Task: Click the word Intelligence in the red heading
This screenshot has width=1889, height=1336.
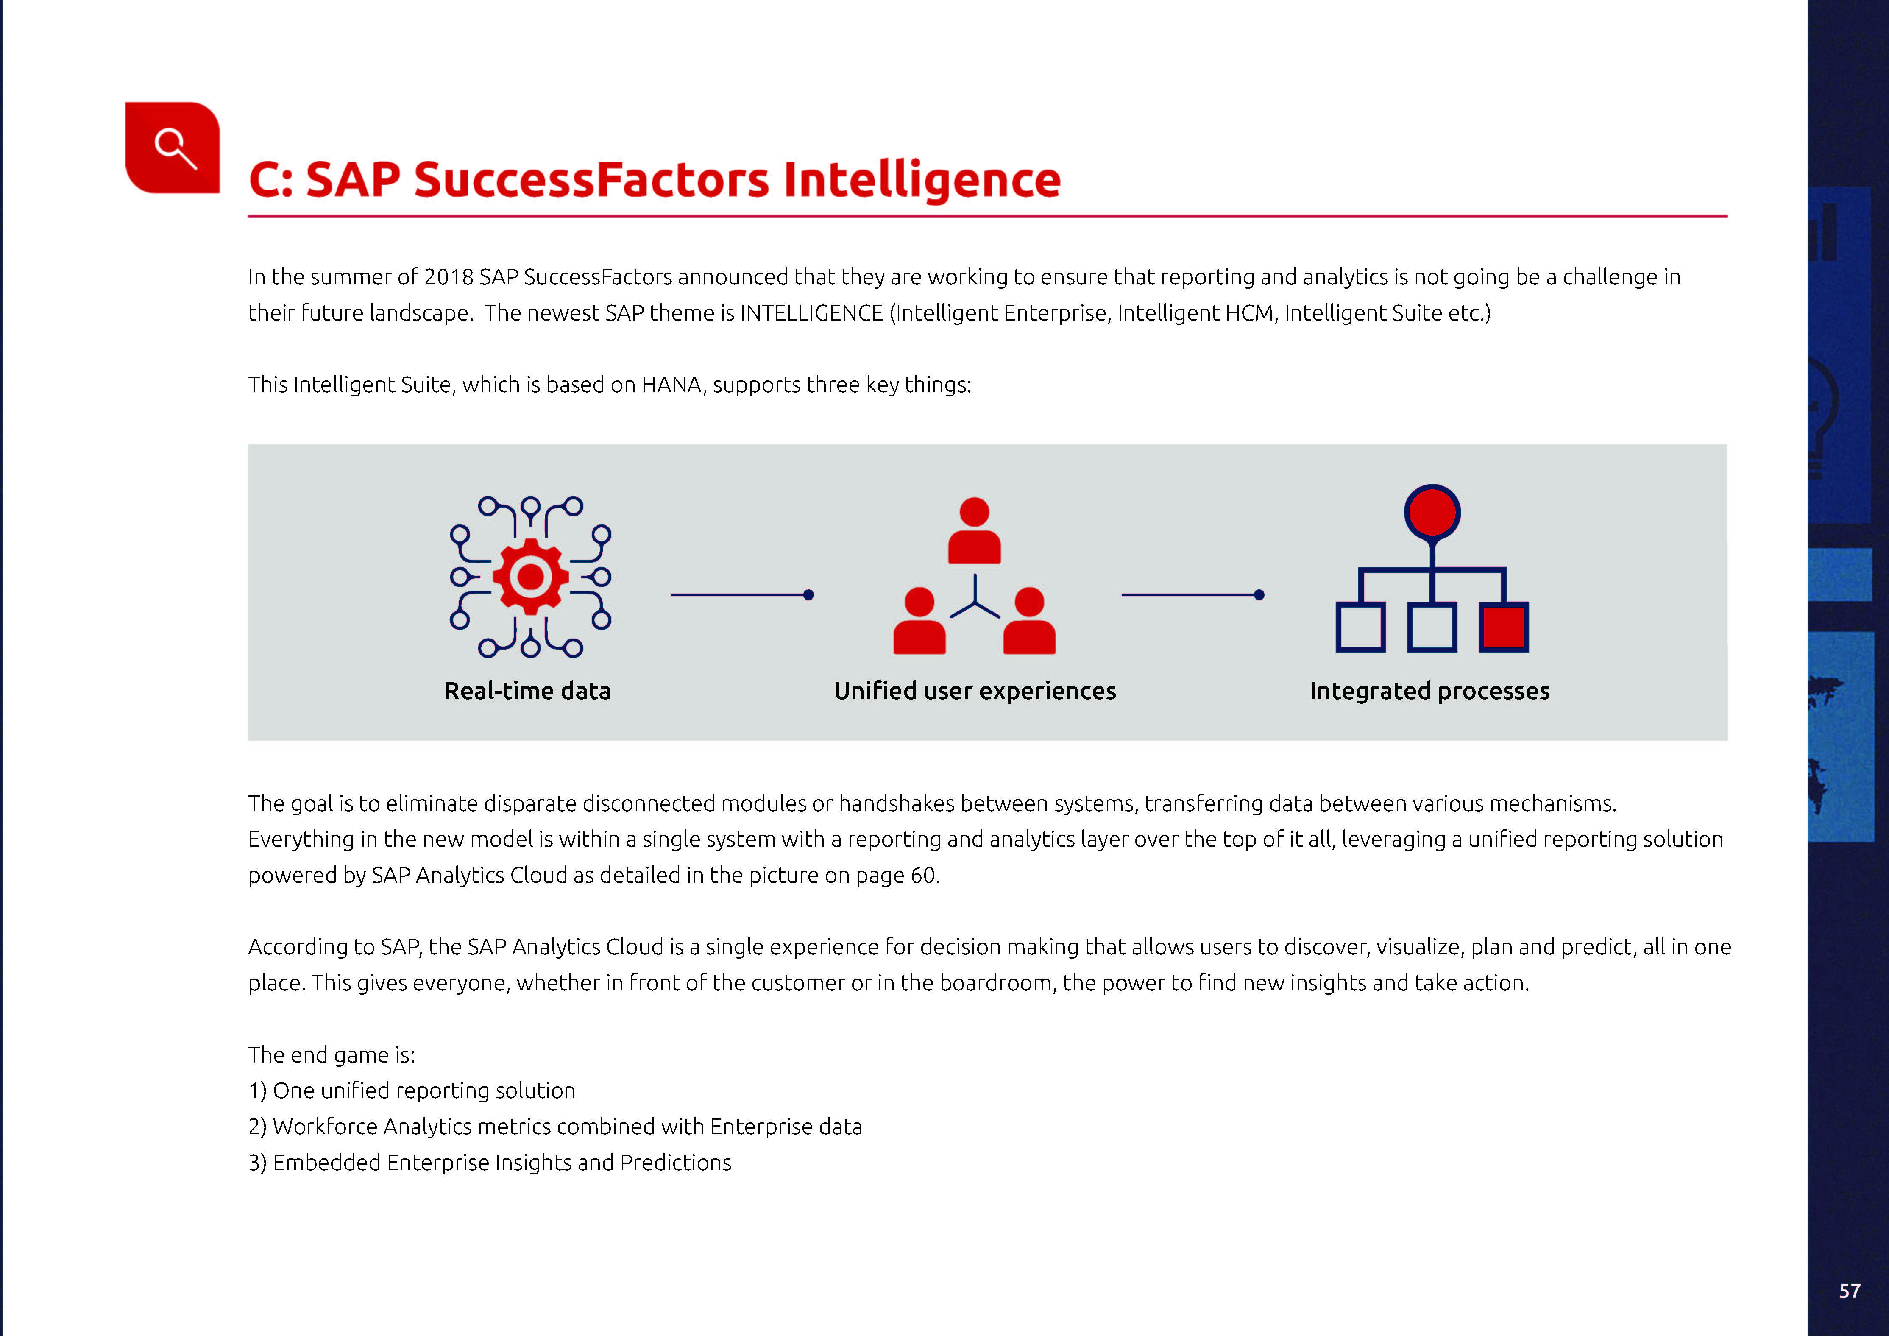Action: pyautogui.click(x=922, y=180)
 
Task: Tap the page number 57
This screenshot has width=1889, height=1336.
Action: pyautogui.click(x=1850, y=1291)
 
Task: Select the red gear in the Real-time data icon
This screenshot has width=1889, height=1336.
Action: pyautogui.click(x=531, y=577)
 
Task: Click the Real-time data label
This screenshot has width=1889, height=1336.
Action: pyautogui.click(x=527, y=691)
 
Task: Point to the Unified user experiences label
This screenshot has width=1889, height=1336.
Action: pyautogui.click(x=975, y=691)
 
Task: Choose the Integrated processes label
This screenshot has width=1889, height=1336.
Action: pyautogui.click(x=1430, y=691)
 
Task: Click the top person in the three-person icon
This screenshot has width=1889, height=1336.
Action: pyautogui.click(x=974, y=530)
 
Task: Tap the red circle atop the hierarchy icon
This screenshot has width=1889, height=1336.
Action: pyautogui.click(x=1432, y=512)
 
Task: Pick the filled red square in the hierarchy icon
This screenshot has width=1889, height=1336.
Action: pyautogui.click(x=1504, y=627)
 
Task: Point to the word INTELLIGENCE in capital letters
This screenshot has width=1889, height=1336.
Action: pyautogui.click(x=811, y=313)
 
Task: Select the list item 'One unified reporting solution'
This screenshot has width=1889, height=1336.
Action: pyautogui.click(x=423, y=1091)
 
